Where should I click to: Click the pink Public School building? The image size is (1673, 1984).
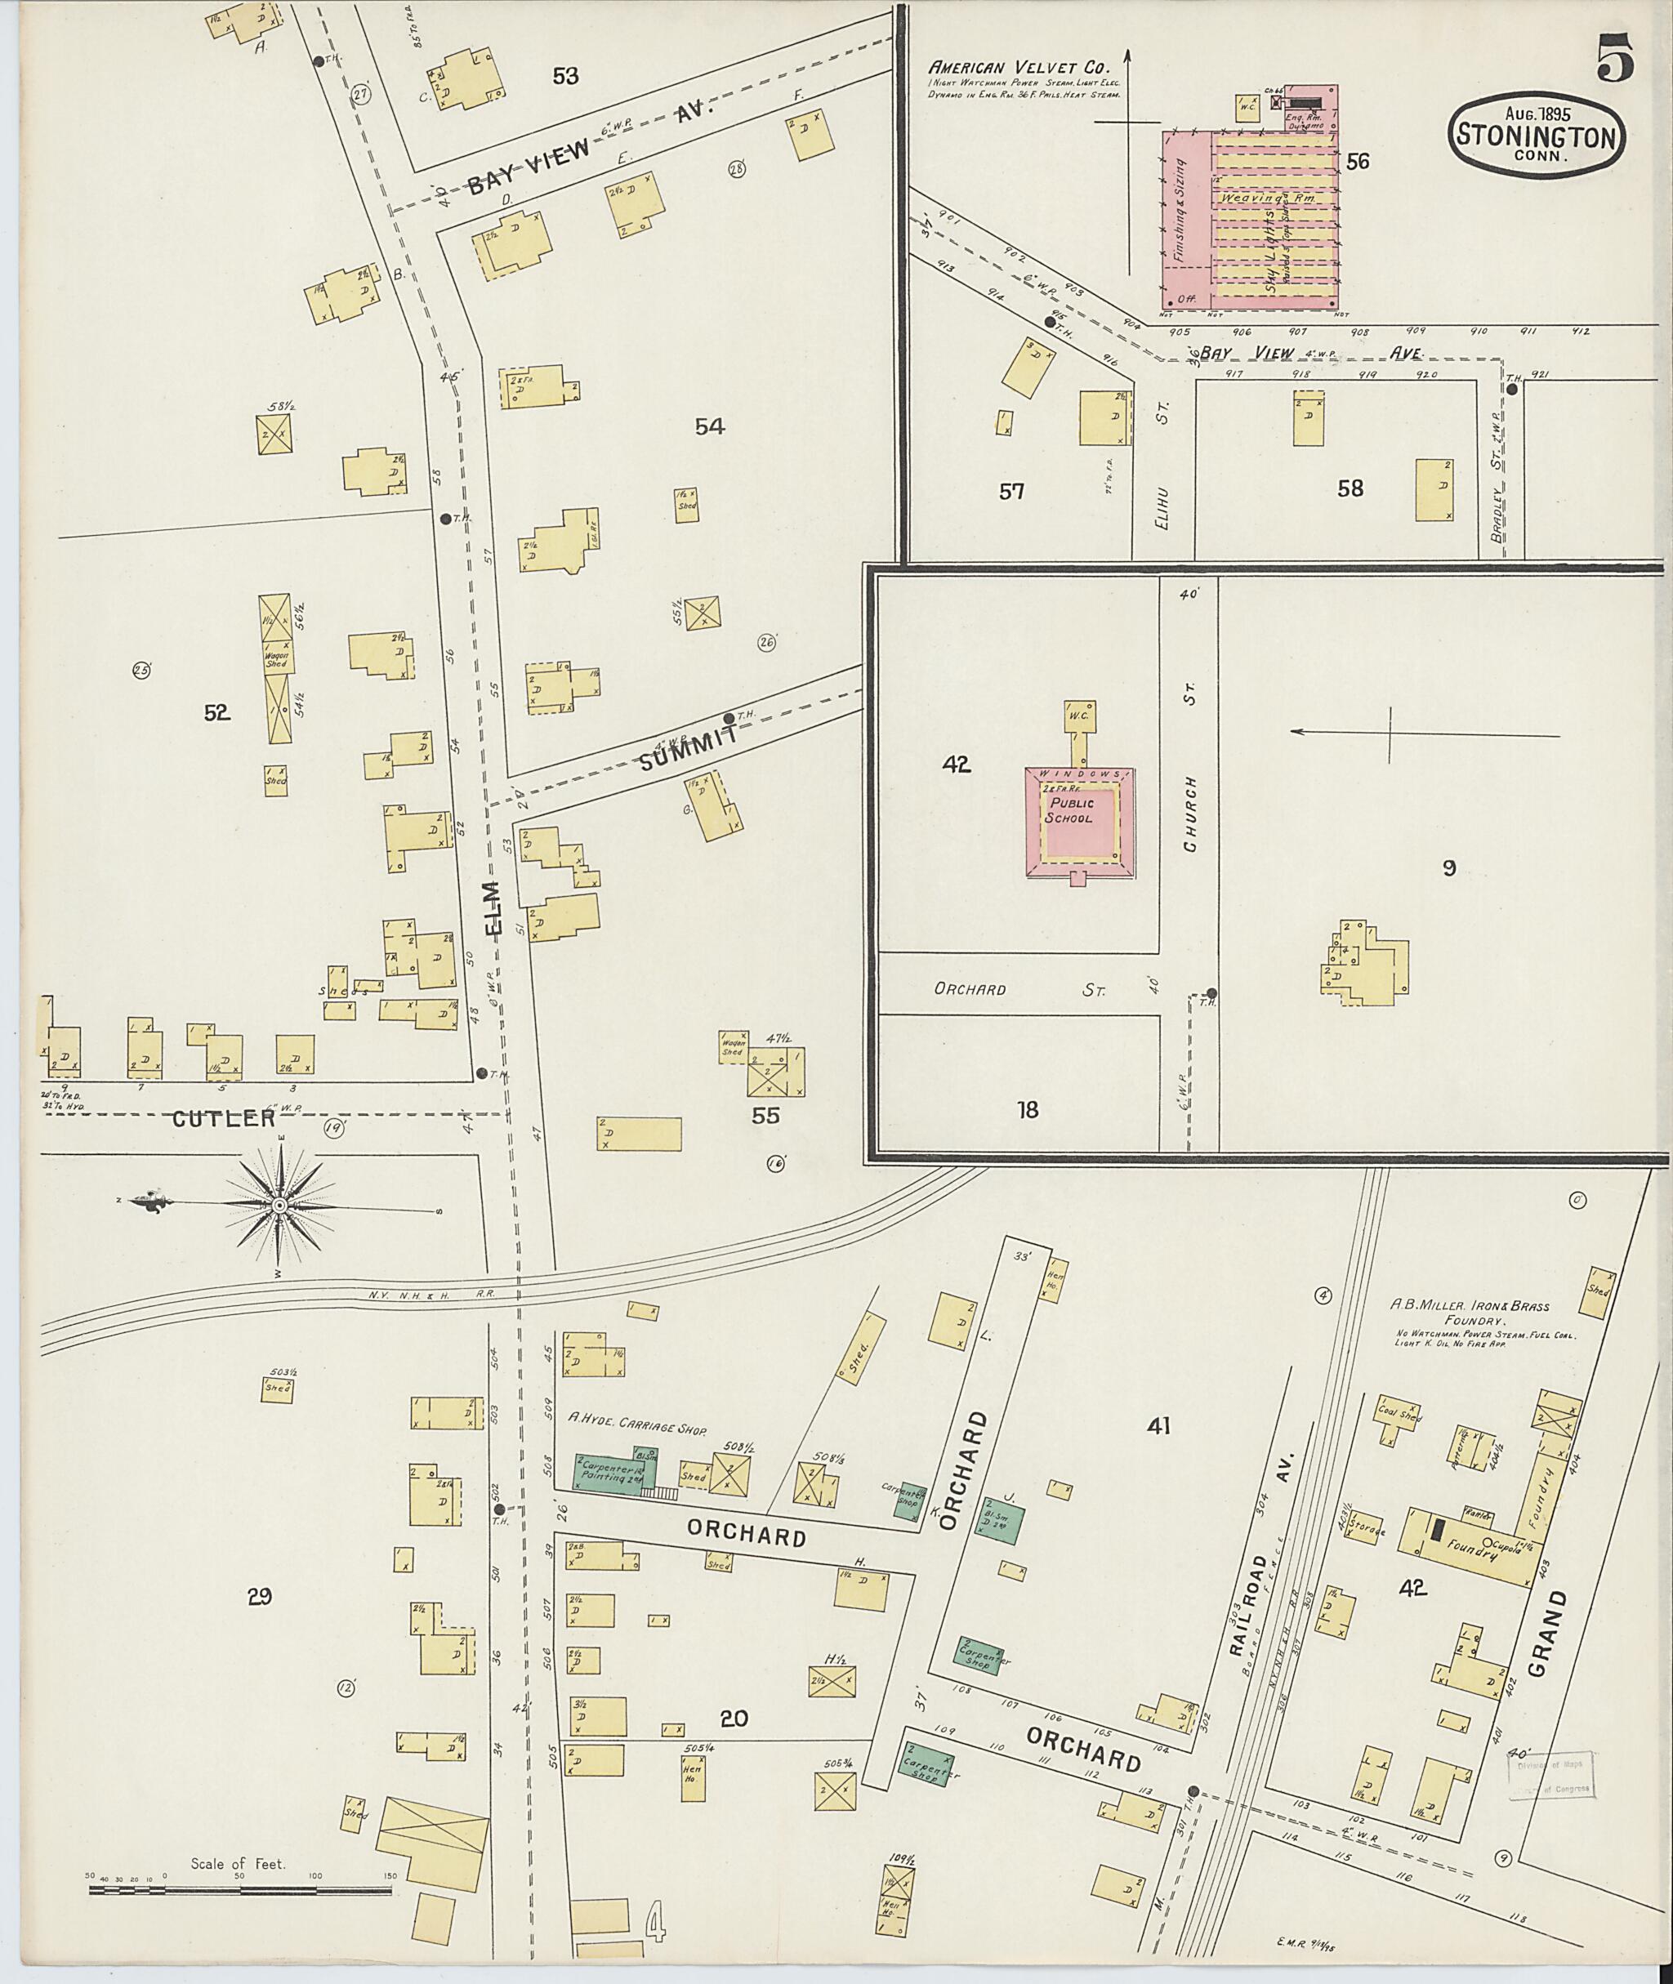pos(1078,816)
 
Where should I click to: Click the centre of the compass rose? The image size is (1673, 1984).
pos(279,1205)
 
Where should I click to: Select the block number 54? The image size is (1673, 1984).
pos(709,426)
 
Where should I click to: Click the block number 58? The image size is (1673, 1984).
pos(1350,488)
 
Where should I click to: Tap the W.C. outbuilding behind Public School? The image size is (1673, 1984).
pos(1080,716)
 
